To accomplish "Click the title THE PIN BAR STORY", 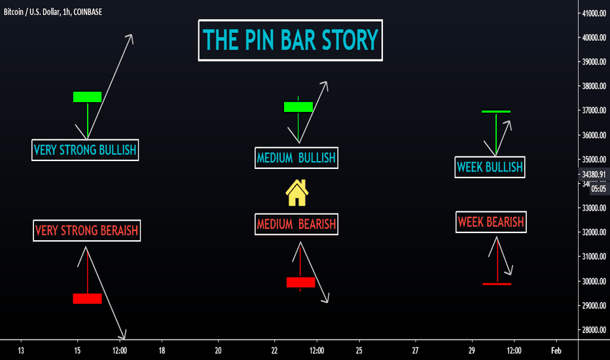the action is click(x=290, y=40).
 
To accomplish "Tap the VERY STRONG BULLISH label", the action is click(x=85, y=150).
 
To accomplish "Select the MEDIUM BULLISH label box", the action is click(x=296, y=158).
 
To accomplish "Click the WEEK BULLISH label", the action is click(x=490, y=168).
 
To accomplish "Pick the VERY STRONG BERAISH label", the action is click(x=87, y=230).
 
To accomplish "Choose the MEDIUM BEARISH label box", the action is click(x=296, y=224).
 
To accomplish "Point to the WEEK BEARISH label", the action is click(x=491, y=223).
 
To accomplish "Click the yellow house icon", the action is click(x=297, y=192).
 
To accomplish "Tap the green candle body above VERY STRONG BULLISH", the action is click(x=88, y=97).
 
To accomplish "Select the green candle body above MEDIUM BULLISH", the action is click(x=298, y=107).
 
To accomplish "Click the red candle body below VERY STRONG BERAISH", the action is click(x=88, y=298).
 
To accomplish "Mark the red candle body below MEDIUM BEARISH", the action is click(x=300, y=282).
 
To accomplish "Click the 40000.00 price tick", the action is click(x=594, y=38).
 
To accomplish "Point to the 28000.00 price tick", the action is click(x=594, y=330).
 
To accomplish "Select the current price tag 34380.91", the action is click(x=594, y=174).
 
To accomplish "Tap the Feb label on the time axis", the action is click(x=556, y=351).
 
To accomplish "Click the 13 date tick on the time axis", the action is click(x=21, y=351).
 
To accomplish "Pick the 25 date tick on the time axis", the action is click(x=359, y=351).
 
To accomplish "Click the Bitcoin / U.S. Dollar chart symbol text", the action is click(x=32, y=12).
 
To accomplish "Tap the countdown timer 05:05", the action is click(x=599, y=189).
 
